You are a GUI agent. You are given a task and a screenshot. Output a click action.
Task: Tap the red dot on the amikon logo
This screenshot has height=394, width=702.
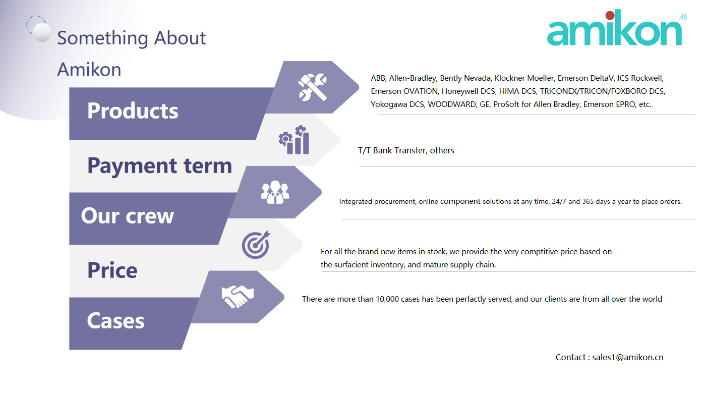(610, 15)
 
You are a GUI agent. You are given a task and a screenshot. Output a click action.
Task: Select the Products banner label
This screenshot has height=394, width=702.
(133, 110)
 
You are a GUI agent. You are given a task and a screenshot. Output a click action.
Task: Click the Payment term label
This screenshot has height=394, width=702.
(159, 166)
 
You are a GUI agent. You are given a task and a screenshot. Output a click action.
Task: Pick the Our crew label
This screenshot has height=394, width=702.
(127, 215)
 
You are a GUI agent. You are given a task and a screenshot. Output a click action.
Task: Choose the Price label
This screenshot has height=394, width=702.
(112, 270)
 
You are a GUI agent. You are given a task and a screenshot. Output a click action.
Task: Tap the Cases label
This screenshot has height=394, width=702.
(115, 321)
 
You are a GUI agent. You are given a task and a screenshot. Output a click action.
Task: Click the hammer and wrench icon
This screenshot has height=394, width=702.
(313, 87)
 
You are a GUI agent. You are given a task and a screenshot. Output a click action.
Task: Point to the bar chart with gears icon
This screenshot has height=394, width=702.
(294, 140)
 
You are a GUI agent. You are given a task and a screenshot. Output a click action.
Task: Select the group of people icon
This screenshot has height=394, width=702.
(275, 192)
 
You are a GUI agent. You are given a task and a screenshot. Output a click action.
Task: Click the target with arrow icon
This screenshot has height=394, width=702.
(256, 245)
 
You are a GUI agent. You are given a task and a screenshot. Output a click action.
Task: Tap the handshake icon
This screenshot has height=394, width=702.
(237, 297)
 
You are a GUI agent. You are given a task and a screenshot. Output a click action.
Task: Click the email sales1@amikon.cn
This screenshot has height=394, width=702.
(628, 357)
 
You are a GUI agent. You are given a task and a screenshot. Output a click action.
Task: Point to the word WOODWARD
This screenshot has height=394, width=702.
(452, 104)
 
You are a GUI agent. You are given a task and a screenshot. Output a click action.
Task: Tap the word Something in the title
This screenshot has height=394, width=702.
(102, 38)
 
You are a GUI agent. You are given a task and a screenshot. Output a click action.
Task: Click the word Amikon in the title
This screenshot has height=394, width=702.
(89, 69)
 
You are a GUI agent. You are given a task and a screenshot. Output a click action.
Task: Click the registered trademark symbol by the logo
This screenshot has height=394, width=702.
(683, 17)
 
